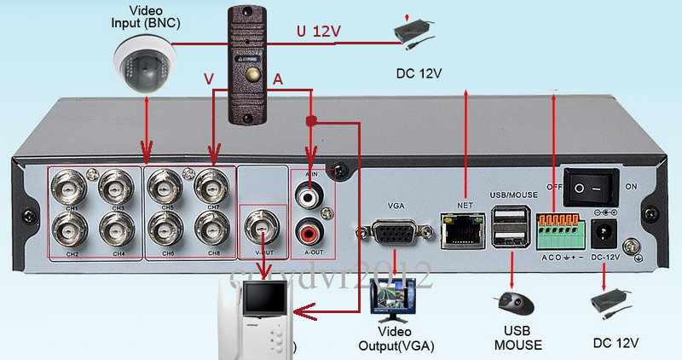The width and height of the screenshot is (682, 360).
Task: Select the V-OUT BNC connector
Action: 259,226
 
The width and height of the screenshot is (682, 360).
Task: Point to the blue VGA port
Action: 396,234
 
